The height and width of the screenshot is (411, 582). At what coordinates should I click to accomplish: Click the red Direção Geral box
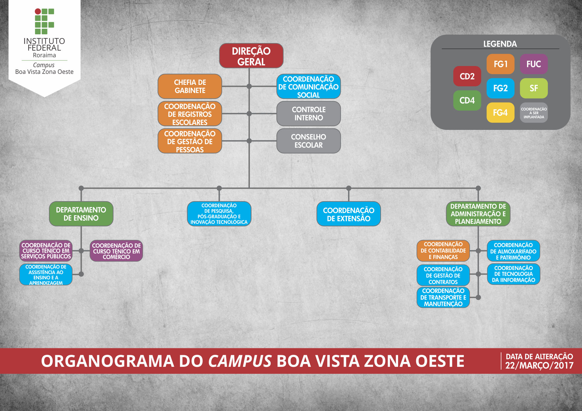pos(251,56)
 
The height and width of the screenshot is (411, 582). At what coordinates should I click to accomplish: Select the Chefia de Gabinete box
pos(190,86)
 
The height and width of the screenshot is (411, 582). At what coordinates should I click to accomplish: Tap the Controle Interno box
pos(308,114)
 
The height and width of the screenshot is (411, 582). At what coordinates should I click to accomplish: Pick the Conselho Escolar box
pos(308,141)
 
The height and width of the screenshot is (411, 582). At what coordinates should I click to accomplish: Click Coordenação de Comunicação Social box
pos(308,87)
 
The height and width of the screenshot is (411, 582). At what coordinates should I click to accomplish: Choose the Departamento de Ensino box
pos(81,214)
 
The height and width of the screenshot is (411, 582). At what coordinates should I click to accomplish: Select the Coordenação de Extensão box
pos(349,214)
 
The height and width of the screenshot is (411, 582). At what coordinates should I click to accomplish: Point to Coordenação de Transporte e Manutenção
pos(443,297)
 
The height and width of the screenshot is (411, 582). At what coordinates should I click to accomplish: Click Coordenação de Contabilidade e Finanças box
pos(443,251)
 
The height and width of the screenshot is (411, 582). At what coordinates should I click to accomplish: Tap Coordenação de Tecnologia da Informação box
pos(513,274)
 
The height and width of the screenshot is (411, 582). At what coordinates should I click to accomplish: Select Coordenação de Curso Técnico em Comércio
pos(116,251)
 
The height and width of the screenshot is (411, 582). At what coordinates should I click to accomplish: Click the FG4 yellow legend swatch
pos(500,112)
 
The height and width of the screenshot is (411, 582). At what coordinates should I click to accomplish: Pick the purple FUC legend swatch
pos(533,64)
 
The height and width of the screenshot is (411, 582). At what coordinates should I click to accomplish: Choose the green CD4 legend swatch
pos(467,101)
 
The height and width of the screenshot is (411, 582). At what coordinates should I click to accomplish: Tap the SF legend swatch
pos(533,88)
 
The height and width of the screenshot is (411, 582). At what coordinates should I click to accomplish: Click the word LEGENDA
pos(500,44)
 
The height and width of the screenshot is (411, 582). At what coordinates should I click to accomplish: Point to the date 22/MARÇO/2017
pos(539,366)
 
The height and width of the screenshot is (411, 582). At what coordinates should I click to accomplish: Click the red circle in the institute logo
pos(38,12)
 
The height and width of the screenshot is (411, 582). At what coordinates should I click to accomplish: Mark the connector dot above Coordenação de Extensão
pos(349,188)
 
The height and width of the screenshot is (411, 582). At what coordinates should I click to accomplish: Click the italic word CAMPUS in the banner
pos(240,361)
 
